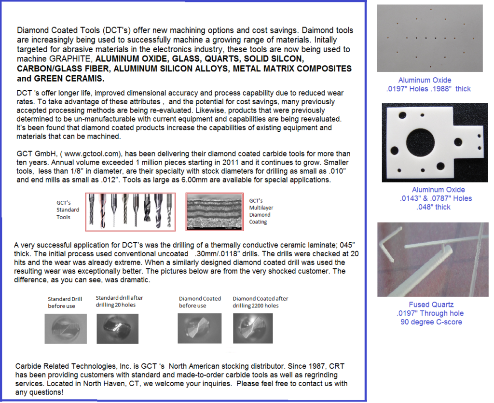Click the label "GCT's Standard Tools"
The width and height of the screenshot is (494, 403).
coord(68,210)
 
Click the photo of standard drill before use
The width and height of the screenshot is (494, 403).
coord(66,328)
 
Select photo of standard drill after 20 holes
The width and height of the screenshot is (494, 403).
coord(117,328)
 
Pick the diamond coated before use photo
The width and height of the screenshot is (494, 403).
coord(199,328)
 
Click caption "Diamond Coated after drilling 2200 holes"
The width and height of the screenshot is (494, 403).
coord(260,302)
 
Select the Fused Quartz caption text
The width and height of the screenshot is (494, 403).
coord(431,305)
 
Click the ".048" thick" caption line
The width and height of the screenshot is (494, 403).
coord(433,207)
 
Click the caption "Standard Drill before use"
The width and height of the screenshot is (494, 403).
coord(65,302)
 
